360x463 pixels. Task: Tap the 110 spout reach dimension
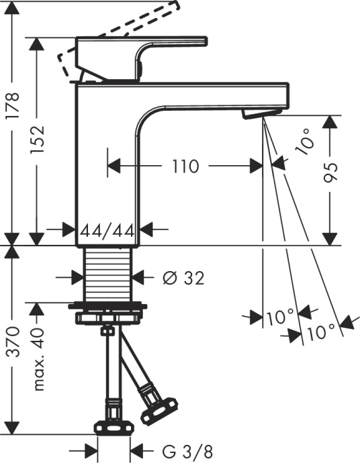click(x=185, y=166)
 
